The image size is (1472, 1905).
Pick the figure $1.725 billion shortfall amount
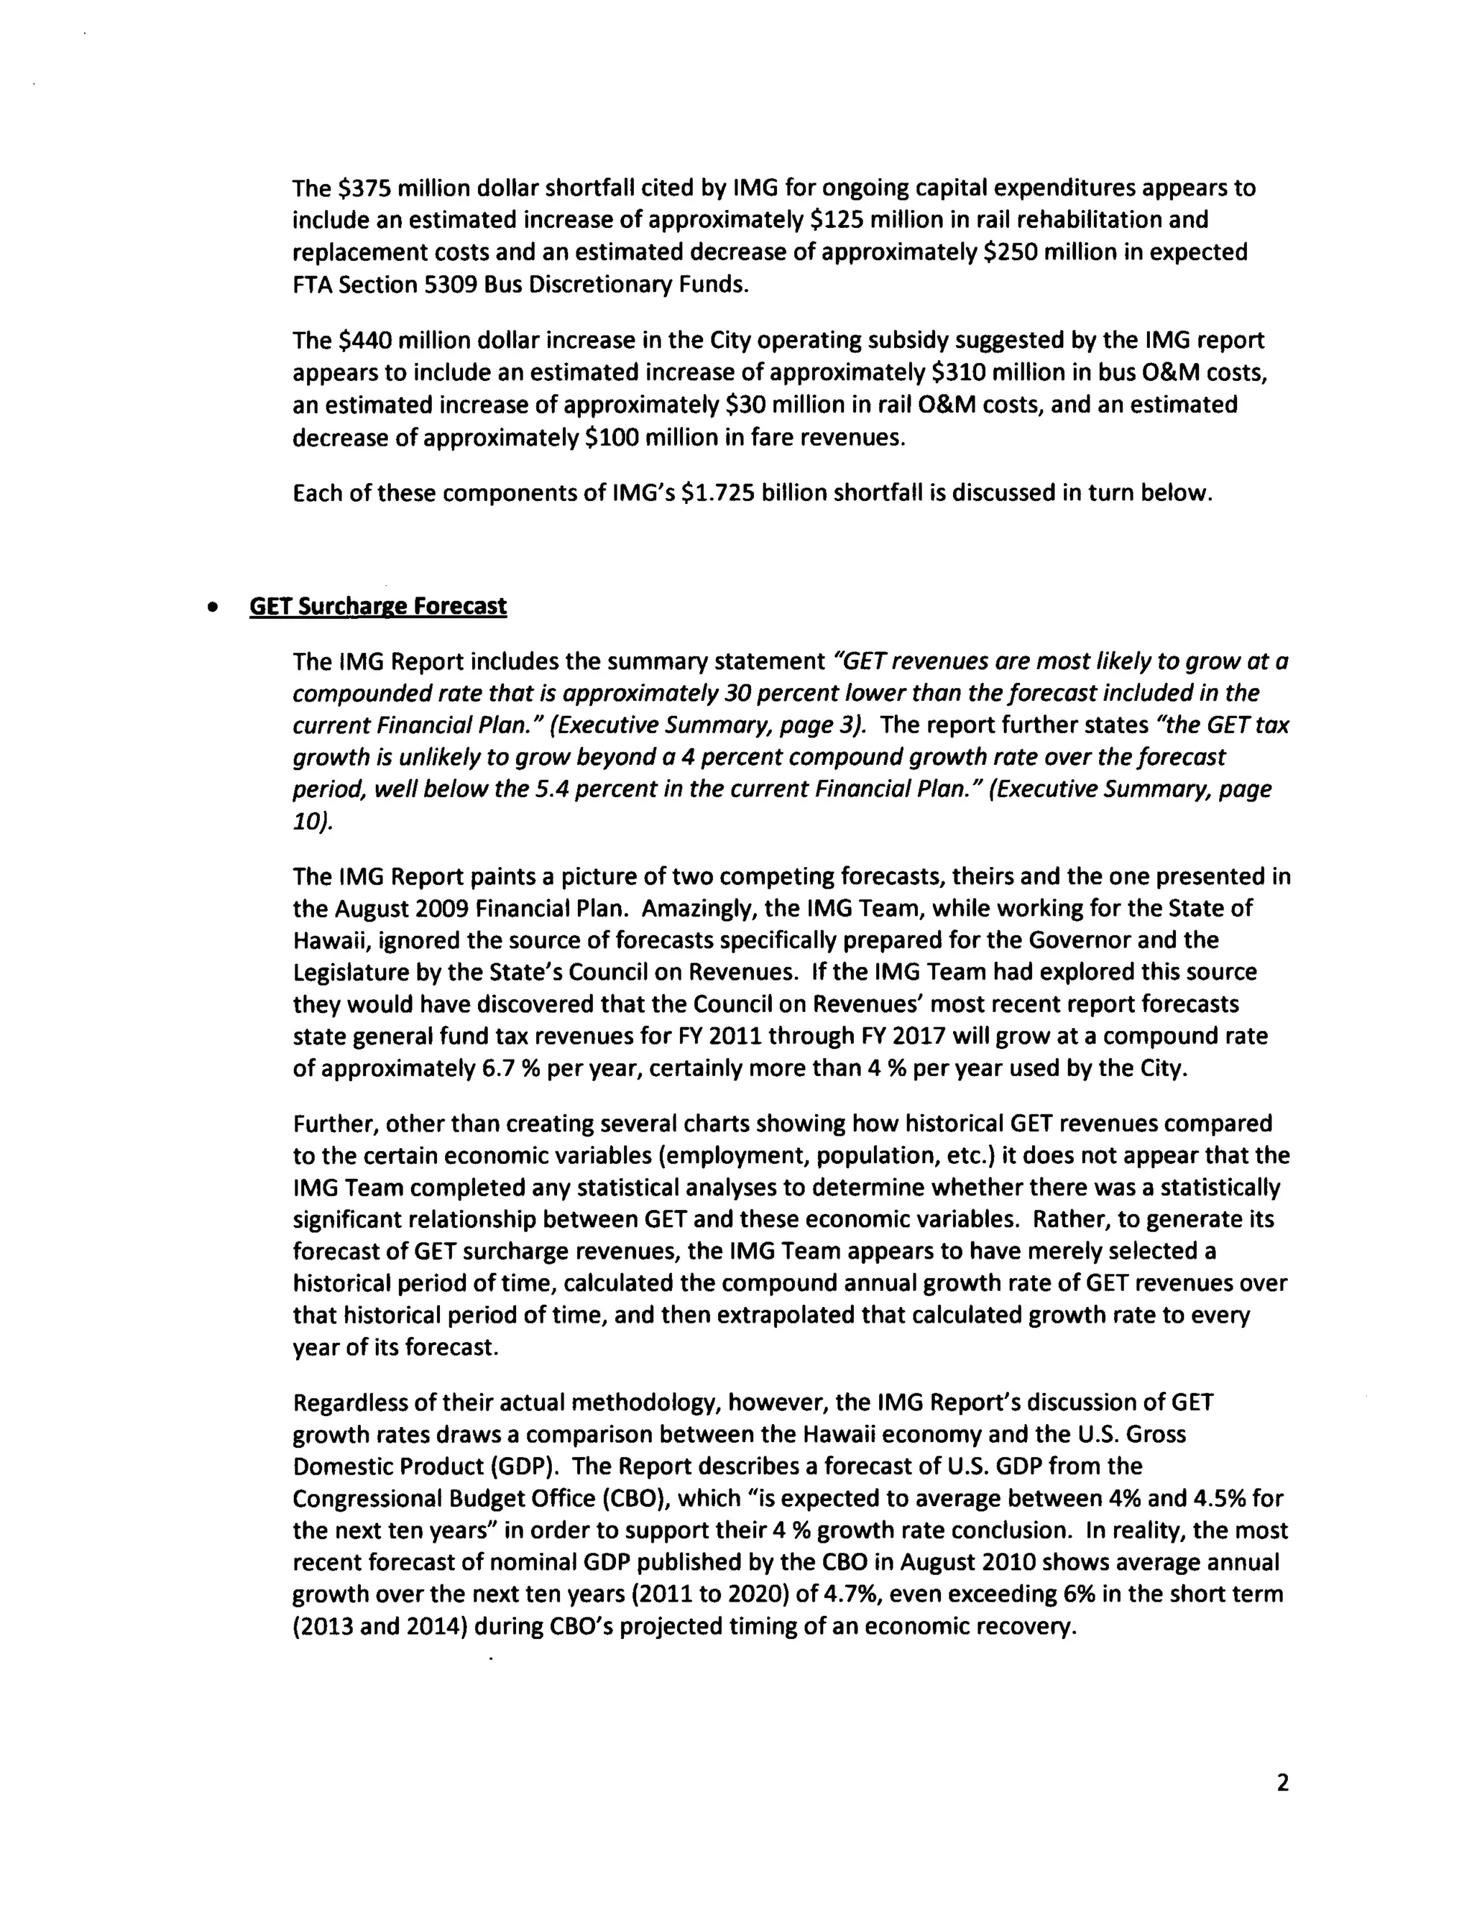click(718, 493)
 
